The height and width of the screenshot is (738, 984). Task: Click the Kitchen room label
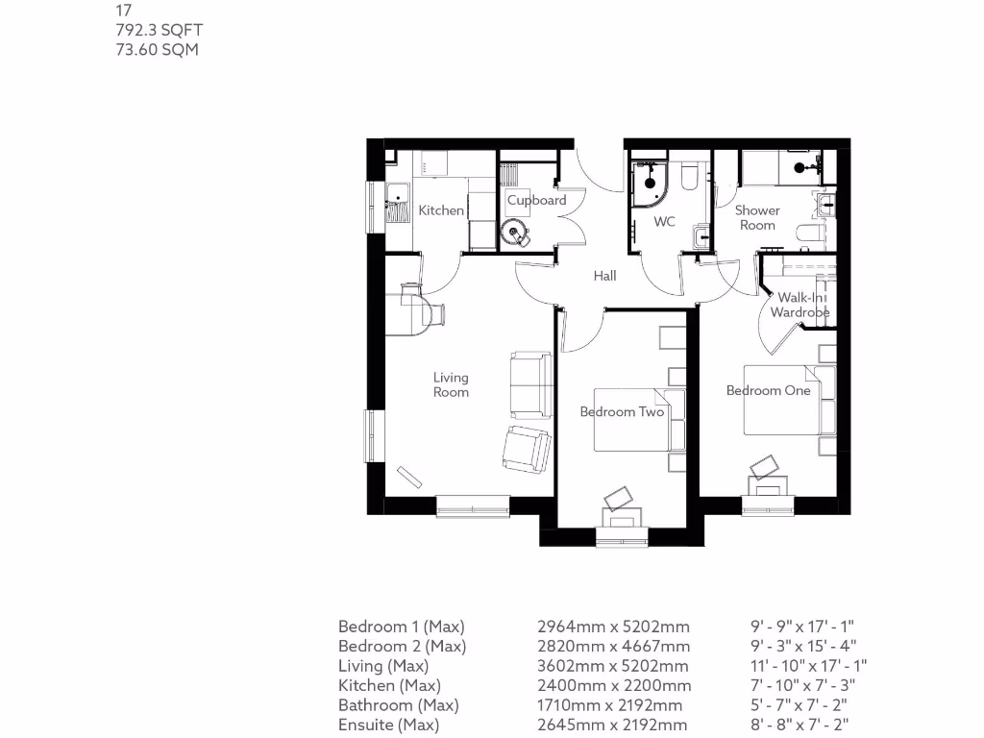click(x=441, y=210)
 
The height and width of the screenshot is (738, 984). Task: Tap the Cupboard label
click(x=536, y=201)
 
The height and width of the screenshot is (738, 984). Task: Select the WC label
click(x=665, y=222)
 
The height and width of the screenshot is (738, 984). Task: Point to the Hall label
click(x=604, y=276)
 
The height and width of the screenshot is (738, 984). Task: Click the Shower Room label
click(x=757, y=217)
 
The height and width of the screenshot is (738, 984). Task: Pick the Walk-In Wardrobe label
click(x=799, y=305)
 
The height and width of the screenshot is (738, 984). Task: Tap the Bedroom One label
click(x=768, y=390)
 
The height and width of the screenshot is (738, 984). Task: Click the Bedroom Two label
click(x=622, y=411)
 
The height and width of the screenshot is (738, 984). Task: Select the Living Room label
click(x=451, y=384)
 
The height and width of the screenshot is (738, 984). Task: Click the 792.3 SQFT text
click(x=158, y=31)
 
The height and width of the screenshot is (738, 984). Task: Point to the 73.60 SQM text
click(x=157, y=49)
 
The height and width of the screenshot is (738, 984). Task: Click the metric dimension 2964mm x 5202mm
click(x=613, y=627)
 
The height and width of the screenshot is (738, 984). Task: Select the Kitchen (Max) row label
click(x=389, y=685)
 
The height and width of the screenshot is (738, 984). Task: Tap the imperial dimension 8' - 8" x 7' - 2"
click(x=802, y=725)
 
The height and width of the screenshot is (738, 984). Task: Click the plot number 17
click(x=122, y=12)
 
